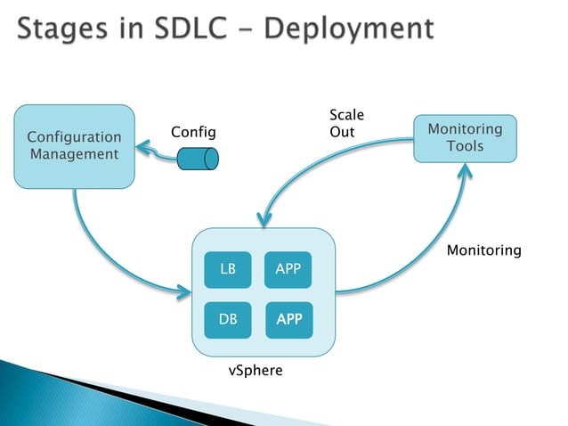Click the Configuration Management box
point(74,146)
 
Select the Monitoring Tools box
point(465,137)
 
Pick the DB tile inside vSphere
point(228,319)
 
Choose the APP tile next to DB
point(288,319)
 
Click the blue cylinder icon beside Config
point(198,159)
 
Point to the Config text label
point(193,132)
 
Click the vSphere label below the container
point(256,370)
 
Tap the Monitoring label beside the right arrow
point(483,250)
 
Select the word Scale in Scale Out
point(346,115)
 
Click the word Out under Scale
point(342,132)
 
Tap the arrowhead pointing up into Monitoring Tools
point(463,170)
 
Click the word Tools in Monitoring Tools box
point(465,145)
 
